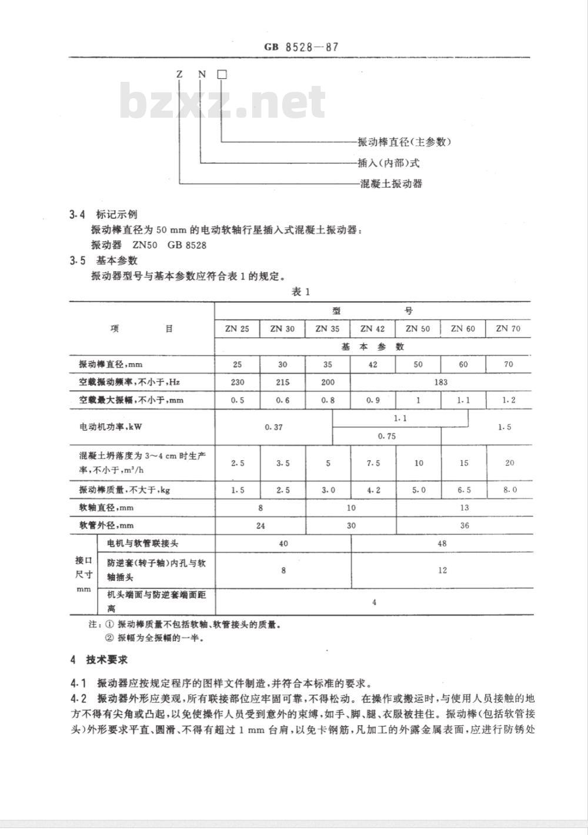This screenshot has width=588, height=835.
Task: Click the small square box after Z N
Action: tap(222, 75)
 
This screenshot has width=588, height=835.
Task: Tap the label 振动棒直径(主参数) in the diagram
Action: tap(405, 142)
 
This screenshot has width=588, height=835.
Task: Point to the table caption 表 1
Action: tap(300, 292)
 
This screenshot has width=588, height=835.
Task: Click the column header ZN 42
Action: tap(373, 329)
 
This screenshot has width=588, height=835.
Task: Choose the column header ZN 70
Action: tap(508, 329)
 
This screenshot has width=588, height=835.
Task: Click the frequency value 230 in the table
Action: tap(237, 382)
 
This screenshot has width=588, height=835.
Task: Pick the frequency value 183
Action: tap(440, 382)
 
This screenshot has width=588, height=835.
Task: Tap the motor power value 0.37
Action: tap(274, 427)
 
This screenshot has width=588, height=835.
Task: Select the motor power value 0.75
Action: tap(386, 436)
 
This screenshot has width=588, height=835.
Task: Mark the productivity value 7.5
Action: tap(373, 463)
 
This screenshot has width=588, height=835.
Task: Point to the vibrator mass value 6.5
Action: tap(464, 490)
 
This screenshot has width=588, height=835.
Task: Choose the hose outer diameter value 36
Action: tap(465, 525)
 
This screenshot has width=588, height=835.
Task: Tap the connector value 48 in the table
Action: tap(442, 544)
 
